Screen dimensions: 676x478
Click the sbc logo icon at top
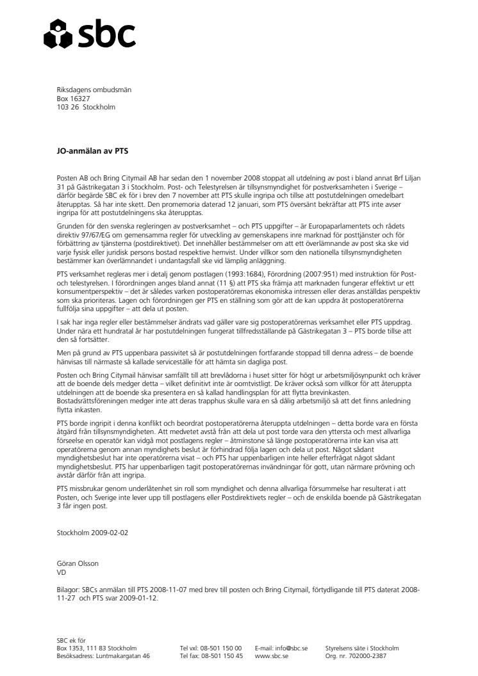(x=54, y=33)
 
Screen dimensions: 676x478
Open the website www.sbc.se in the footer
(x=270, y=656)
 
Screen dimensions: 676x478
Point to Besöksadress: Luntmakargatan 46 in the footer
(x=103, y=656)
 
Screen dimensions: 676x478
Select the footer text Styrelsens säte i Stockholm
(x=365, y=648)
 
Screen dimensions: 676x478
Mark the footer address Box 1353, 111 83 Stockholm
(x=96, y=648)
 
